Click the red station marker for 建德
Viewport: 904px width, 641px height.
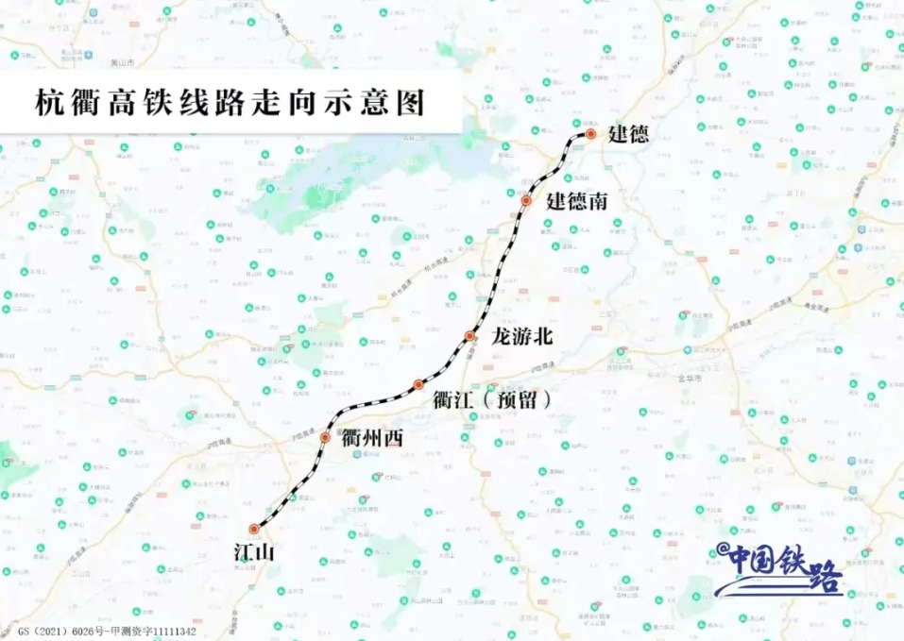pos(590,135)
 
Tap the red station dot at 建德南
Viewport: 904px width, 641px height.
pos(527,201)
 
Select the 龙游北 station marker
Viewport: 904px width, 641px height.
pos(469,336)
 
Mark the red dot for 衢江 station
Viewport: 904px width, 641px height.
pos(418,384)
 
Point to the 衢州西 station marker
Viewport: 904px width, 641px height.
pos(325,437)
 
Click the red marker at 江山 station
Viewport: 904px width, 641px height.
pos(254,529)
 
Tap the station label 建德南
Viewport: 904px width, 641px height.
pos(577,201)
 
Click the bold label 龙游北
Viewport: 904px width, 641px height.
pos(521,336)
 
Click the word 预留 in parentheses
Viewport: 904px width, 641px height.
pos(515,399)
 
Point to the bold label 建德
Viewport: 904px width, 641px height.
pos(628,134)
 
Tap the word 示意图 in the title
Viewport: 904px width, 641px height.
pos(385,103)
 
